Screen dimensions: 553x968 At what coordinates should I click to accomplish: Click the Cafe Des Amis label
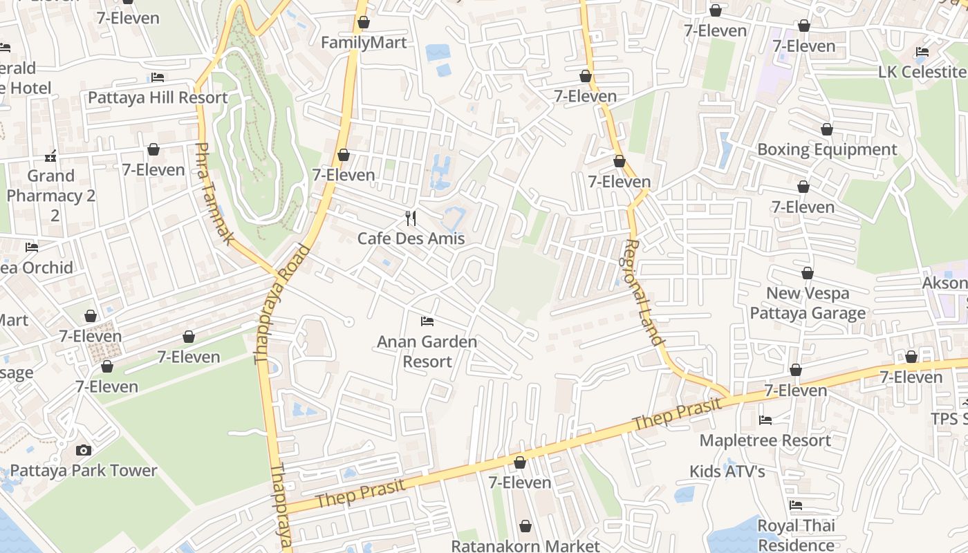click(x=411, y=238)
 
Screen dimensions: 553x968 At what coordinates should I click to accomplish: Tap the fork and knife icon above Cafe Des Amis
click(x=411, y=218)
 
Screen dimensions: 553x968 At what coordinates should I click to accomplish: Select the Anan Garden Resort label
click(x=427, y=351)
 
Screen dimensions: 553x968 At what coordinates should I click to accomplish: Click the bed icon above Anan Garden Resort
click(x=427, y=321)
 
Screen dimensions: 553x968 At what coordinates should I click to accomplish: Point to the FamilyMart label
click(x=364, y=43)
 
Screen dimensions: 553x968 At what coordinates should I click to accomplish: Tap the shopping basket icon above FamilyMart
click(x=364, y=23)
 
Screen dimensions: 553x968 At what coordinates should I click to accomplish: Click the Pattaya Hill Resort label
click(x=158, y=97)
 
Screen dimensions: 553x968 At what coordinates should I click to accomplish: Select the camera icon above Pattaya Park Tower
click(x=83, y=451)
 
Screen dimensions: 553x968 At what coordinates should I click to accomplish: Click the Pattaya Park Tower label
click(x=84, y=471)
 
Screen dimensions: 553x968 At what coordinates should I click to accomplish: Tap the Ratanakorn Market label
click(x=525, y=545)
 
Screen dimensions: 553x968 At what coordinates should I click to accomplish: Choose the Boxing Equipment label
click(x=827, y=149)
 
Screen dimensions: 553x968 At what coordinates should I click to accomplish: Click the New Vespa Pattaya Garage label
click(x=808, y=303)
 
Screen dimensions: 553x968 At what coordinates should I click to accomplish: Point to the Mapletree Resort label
click(x=765, y=440)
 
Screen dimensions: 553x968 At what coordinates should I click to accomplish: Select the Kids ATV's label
click(x=727, y=471)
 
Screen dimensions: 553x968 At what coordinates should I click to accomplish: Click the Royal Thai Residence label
click(x=796, y=535)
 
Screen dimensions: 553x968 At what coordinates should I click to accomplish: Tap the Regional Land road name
click(x=644, y=292)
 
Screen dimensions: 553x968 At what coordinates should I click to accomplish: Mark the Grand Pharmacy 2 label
click(x=50, y=196)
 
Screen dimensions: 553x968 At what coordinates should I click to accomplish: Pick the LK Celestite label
click(x=922, y=72)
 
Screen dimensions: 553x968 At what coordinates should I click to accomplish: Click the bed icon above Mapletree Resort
click(x=765, y=420)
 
